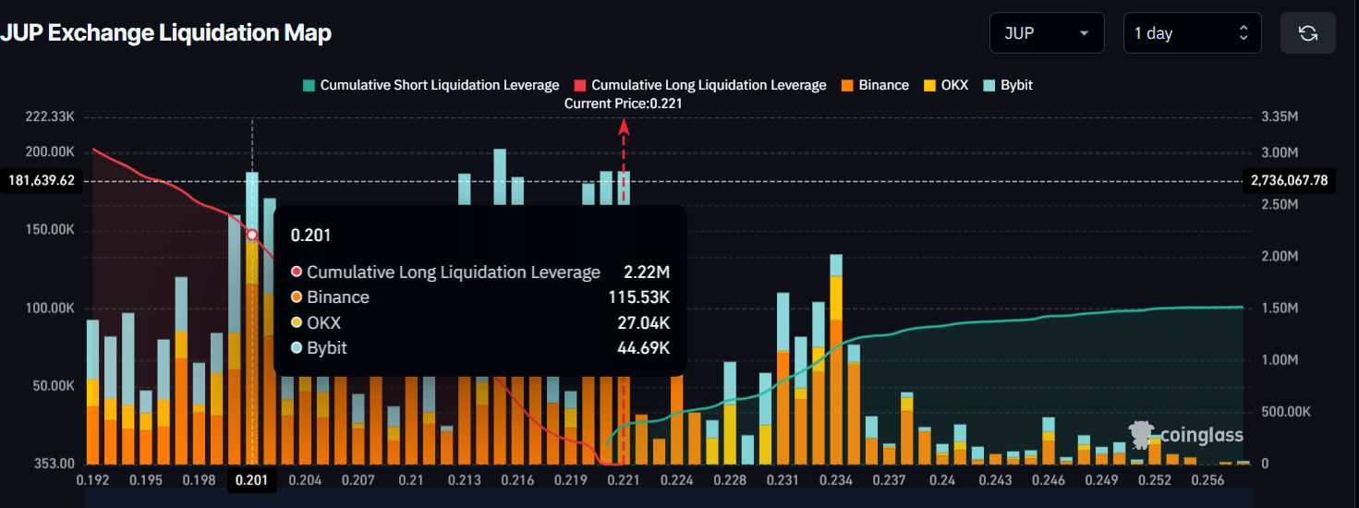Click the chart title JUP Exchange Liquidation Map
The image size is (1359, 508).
pyautogui.click(x=166, y=33)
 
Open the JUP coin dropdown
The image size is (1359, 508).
pyautogui.click(x=1046, y=33)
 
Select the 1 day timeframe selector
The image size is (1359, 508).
pyautogui.click(x=1192, y=33)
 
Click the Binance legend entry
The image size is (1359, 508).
pyautogui.click(x=874, y=85)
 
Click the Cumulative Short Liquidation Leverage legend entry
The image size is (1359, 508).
pyautogui.click(x=431, y=85)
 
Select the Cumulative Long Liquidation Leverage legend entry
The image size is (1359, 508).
pyautogui.click(x=700, y=85)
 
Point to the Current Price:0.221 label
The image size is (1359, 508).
pyautogui.click(x=623, y=104)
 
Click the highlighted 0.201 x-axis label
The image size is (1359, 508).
pyautogui.click(x=251, y=481)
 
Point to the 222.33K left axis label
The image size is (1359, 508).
pyautogui.click(x=52, y=117)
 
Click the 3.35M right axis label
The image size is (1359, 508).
pyautogui.click(x=1280, y=117)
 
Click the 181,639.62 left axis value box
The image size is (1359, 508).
pyautogui.click(x=42, y=181)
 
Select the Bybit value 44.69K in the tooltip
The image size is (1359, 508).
pyautogui.click(x=643, y=348)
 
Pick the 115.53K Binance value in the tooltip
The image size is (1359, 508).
pyautogui.click(x=639, y=297)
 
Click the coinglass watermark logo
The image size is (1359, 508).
pyautogui.click(x=1187, y=435)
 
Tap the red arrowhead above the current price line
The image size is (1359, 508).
pyautogui.click(x=624, y=128)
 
